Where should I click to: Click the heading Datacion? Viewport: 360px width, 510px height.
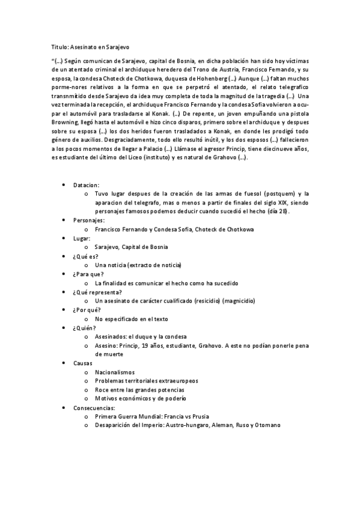87,185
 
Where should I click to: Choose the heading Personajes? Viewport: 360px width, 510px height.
89,220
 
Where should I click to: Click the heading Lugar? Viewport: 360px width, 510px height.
82,238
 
